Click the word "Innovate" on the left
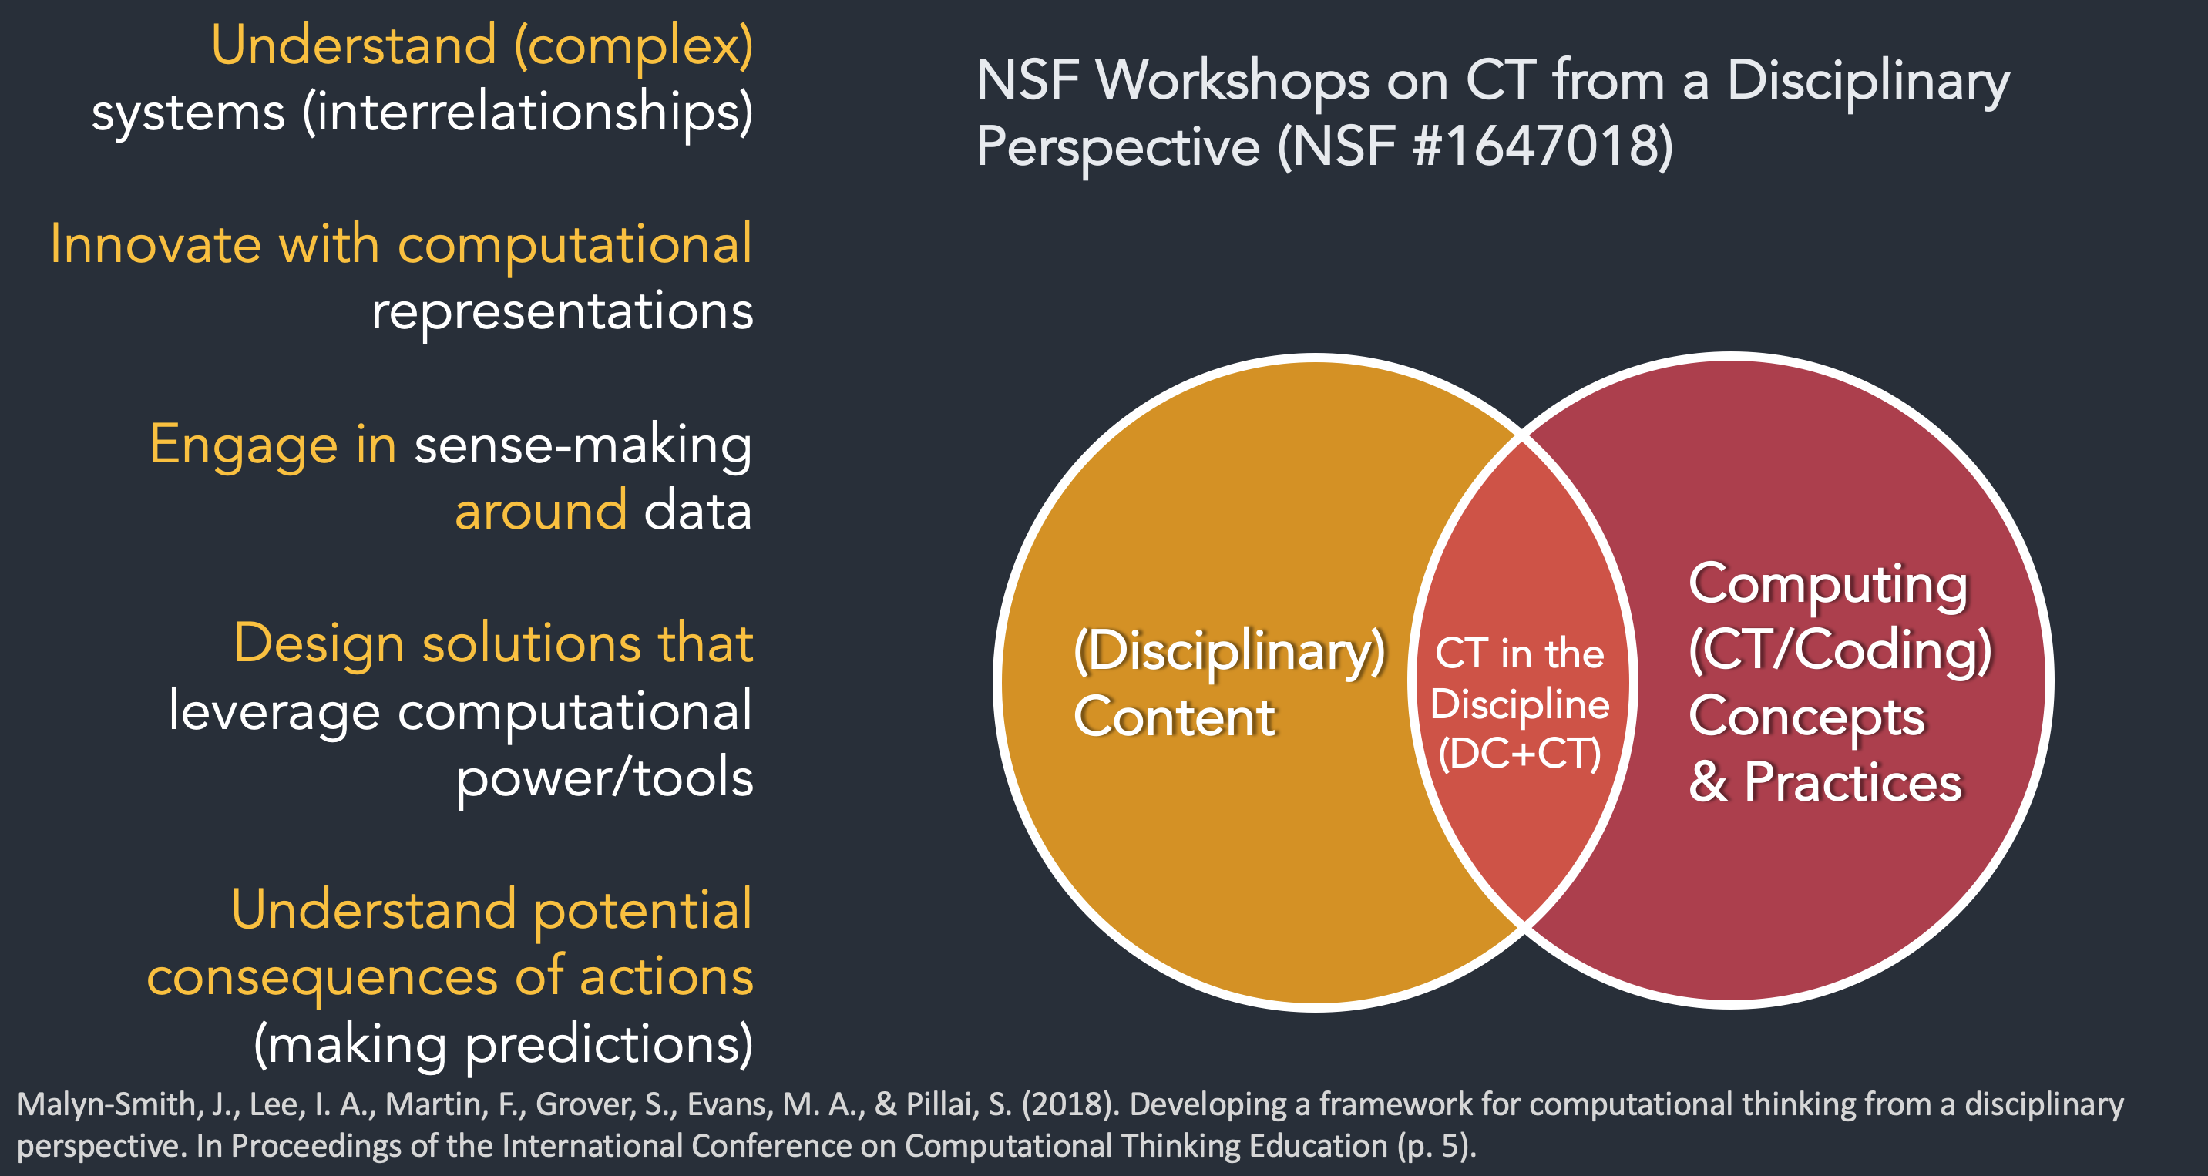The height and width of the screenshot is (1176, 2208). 155,244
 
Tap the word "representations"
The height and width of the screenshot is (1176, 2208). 563,312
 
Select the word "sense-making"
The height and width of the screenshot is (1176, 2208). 583,446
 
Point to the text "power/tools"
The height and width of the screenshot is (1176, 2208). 604,778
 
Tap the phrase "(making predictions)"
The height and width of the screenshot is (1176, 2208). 503,1043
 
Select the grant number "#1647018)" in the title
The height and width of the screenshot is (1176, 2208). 1543,146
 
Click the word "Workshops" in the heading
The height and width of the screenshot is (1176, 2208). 1232,81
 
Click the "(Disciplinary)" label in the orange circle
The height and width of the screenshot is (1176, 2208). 1230,652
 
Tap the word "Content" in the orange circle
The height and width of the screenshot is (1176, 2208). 1175,717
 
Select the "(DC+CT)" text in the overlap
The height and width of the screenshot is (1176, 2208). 1520,754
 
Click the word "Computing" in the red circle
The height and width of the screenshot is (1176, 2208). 1828,586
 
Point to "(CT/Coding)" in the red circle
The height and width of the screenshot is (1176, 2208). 1840,650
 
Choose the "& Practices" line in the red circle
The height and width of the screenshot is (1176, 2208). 1825,782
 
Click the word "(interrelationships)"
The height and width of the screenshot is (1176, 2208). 527,113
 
